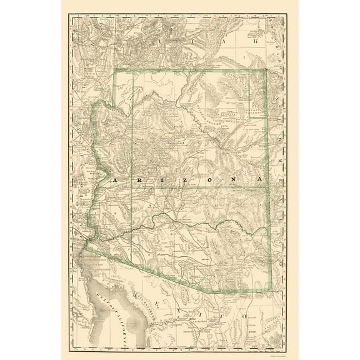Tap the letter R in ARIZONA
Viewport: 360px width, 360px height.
139,179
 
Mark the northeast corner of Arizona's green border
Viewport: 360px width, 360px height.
266,70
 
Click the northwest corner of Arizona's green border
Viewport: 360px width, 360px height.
114,70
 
